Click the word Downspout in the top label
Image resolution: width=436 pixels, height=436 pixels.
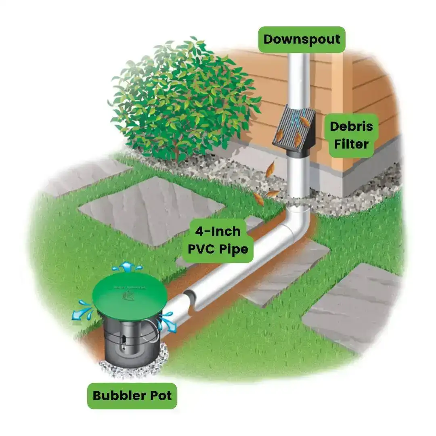(302, 40)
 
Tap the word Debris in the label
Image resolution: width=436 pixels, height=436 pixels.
(351, 126)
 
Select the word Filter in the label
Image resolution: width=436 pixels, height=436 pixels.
(351, 144)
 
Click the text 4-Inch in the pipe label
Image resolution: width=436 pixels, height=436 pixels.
(218, 231)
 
